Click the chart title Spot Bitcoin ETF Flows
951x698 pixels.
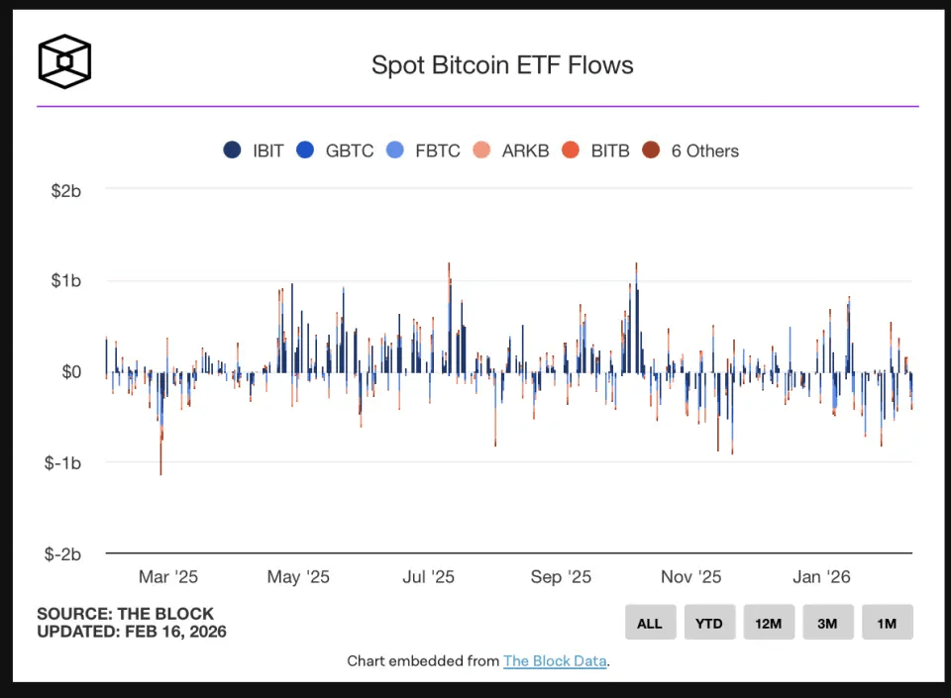coord(502,65)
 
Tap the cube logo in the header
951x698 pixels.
coord(64,61)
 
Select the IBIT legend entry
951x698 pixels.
coord(255,150)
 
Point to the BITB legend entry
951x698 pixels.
coord(597,150)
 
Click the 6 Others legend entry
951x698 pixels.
coord(690,150)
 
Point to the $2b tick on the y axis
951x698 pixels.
coord(65,190)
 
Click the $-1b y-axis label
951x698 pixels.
coord(63,462)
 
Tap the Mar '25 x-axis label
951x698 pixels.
coord(168,577)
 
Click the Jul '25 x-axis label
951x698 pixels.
coord(429,577)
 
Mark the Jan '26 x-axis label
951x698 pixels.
coord(821,577)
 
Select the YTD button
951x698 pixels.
coord(709,623)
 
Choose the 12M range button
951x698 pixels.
coord(769,623)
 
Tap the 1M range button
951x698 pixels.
coord(887,623)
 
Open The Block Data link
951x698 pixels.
coord(555,660)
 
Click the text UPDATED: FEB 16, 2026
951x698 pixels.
coord(132,632)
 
